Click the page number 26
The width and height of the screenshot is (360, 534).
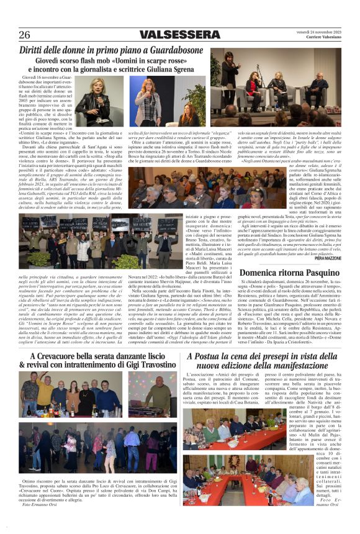(x=25, y=34)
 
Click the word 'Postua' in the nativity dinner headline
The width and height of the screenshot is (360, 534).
(x=217, y=356)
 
